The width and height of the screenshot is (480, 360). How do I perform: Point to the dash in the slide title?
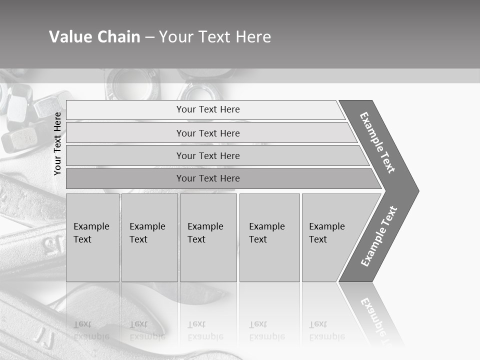pos(149,37)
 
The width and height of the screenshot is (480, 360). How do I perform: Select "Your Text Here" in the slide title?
pos(215,37)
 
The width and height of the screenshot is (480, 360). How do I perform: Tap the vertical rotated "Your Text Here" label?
pos(57,143)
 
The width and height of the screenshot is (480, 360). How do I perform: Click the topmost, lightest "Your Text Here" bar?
pos(208,109)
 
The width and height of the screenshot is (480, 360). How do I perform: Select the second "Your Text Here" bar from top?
pos(208,133)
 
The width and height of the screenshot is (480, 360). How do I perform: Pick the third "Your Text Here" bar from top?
pos(208,155)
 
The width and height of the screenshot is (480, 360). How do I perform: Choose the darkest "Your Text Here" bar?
pos(208,178)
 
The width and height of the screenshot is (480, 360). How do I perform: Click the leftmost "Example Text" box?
pos(92,237)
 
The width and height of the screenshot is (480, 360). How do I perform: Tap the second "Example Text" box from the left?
pos(149,237)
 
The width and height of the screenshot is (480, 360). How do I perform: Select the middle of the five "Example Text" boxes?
pos(207,237)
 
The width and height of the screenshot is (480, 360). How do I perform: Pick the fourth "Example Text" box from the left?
pos(269,237)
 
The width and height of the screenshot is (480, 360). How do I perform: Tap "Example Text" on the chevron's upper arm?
pos(377,142)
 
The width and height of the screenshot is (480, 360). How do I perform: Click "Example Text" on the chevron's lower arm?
pos(379,236)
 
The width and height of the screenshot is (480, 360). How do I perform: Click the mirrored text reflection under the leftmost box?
pos(91,330)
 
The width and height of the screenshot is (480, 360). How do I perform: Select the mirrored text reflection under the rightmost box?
pos(326,330)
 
